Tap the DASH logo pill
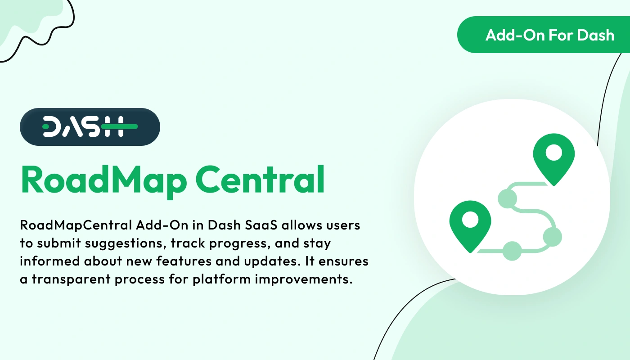(90, 127)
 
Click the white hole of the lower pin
(470, 220)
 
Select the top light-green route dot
(507, 198)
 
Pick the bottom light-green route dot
(511, 251)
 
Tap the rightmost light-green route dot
(552, 236)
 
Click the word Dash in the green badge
(596, 35)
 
